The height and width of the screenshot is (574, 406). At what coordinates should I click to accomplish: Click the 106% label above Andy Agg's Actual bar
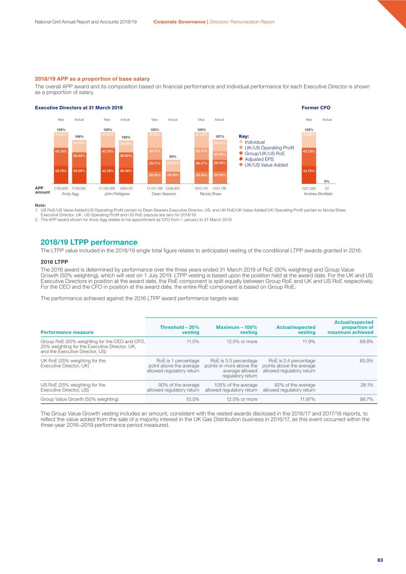tap(79, 137)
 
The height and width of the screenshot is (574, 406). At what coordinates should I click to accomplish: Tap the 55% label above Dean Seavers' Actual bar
tap(173, 156)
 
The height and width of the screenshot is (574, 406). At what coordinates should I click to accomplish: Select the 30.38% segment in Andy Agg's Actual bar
tap(79, 143)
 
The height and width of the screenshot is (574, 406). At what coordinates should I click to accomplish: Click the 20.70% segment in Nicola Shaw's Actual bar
tap(220, 154)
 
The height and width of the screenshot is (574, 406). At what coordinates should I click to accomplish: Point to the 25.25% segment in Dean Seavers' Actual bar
tap(173, 163)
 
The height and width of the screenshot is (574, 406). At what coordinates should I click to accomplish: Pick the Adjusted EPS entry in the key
tap(259, 159)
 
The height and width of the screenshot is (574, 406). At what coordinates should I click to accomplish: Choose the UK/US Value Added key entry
tap(266, 165)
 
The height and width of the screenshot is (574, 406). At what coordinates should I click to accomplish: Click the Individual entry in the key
tap(255, 142)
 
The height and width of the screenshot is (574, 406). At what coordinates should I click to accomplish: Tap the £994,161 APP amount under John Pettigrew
tap(126, 188)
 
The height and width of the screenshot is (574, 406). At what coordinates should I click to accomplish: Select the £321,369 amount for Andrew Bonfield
tap(309, 188)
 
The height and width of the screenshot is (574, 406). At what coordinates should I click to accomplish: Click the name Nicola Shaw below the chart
tap(210, 194)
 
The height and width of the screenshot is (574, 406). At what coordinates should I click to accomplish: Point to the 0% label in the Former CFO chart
tap(327, 182)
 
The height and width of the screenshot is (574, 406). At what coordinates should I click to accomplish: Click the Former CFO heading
tap(316, 108)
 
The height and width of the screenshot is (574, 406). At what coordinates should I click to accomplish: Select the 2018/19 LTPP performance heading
tap(89, 242)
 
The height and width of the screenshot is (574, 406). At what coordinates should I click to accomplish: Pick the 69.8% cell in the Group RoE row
tap(366, 341)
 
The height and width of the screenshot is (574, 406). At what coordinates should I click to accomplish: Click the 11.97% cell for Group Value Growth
tap(308, 399)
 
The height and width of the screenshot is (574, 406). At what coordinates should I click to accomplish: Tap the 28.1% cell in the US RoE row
tap(366, 385)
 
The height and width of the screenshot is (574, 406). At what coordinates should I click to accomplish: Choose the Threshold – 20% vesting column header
tap(180, 330)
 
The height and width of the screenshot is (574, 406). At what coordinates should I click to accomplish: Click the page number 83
tap(380, 560)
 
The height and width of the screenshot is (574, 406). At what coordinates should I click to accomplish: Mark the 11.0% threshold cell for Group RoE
tap(193, 341)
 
